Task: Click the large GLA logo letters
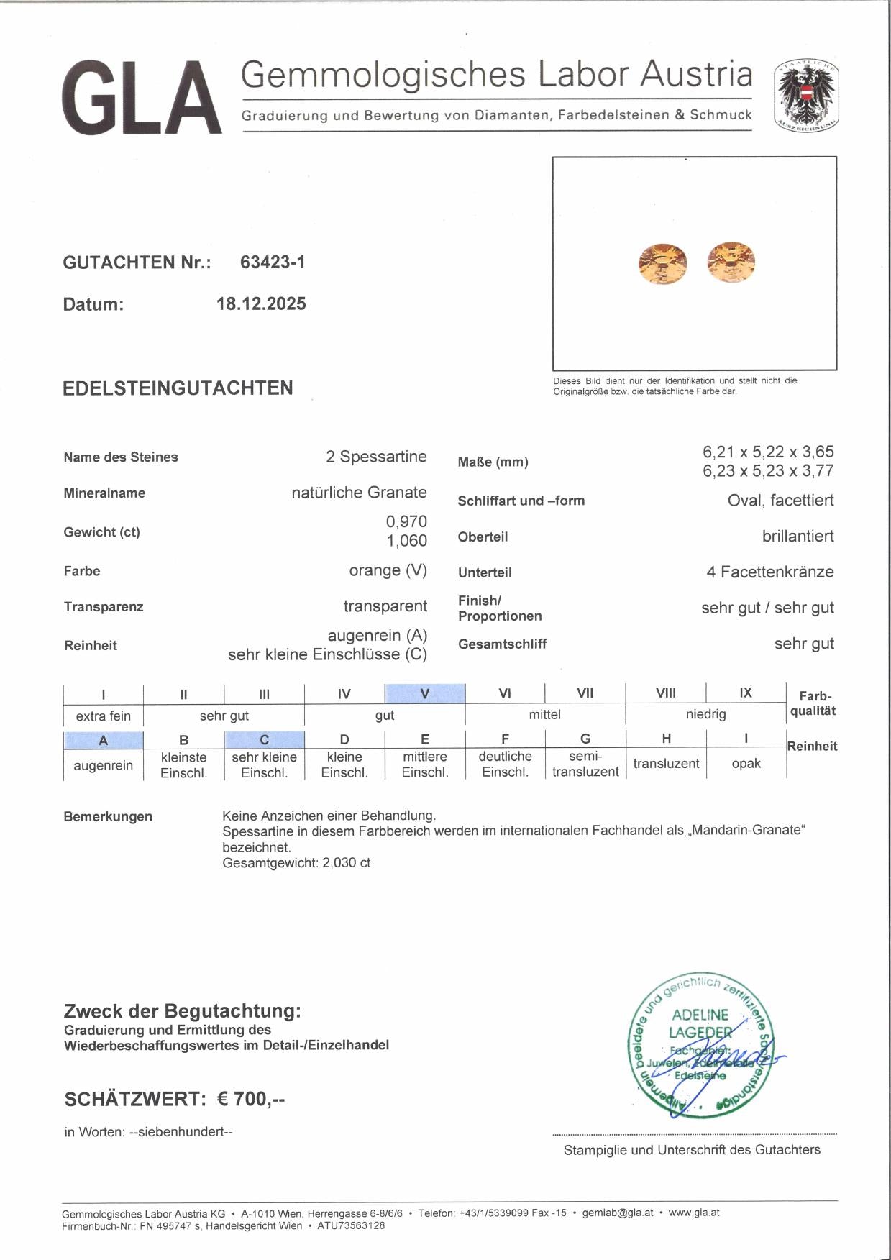(x=142, y=99)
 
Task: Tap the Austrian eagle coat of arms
(x=806, y=96)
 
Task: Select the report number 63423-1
(x=273, y=262)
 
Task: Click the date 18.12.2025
(x=261, y=304)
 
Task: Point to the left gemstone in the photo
(x=662, y=264)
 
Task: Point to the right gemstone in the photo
(x=731, y=262)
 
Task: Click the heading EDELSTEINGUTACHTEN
(x=178, y=388)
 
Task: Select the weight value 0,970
(x=406, y=522)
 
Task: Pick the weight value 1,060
(x=406, y=541)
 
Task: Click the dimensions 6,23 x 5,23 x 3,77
(x=768, y=471)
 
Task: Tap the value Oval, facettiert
(x=780, y=501)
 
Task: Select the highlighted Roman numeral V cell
(x=424, y=694)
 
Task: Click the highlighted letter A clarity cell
(x=103, y=740)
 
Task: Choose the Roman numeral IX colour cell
(x=746, y=693)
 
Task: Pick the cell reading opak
(x=746, y=764)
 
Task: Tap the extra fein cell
(x=104, y=716)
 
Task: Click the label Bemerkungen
(x=108, y=817)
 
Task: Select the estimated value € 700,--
(x=251, y=1100)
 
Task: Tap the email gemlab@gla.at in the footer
(x=618, y=1213)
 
